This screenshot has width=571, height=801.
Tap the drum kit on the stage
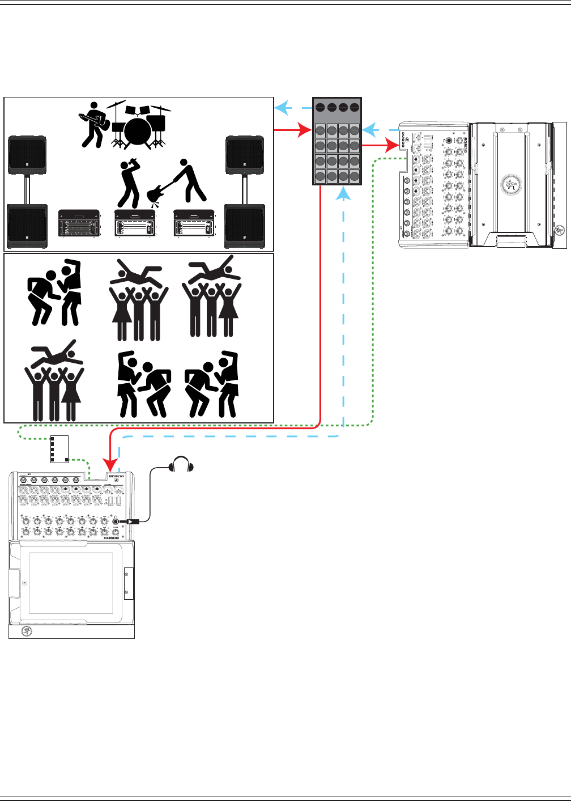[138, 128]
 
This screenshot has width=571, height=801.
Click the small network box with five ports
[59, 449]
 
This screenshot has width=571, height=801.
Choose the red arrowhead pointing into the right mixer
[393, 146]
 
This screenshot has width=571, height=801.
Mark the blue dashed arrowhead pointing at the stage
[280, 107]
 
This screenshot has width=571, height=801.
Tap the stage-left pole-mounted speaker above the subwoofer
[27, 155]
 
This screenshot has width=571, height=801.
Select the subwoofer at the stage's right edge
[244, 226]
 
